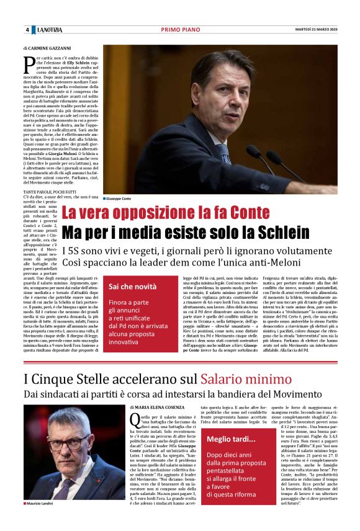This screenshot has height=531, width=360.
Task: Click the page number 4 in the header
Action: [x=27, y=30]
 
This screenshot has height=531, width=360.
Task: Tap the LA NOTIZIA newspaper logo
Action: [x=50, y=30]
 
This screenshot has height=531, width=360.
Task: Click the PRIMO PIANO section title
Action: [x=179, y=30]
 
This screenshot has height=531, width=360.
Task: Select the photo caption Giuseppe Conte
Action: [x=119, y=198]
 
